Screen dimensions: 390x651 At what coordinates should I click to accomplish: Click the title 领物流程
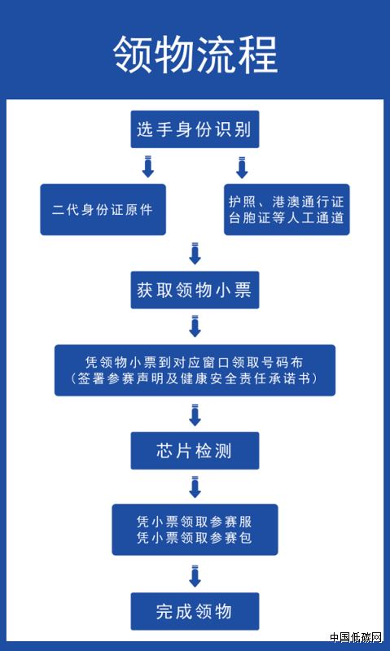pyautogui.click(x=195, y=55)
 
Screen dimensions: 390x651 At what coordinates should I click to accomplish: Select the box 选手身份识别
pyautogui.click(x=195, y=129)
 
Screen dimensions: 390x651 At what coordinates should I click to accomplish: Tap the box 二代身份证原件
pyautogui.click(x=103, y=209)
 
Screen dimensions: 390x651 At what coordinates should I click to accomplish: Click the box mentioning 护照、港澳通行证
pyautogui.click(x=287, y=209)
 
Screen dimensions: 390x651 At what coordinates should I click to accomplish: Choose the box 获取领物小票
pyautogui.click(x=195, y=290)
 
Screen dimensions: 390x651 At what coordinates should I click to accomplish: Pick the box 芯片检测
pyautogui.click(x=195, y=451)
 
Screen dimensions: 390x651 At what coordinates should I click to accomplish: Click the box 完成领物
pyautogui.click(x=195, y=611)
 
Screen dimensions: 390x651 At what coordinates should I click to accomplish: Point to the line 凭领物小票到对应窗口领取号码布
pyautogui.click(x=195, y=362)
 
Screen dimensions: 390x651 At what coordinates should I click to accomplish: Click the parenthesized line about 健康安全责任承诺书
pyautogui.click(x=195, y=378)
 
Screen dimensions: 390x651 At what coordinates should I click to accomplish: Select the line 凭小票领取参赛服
pyautogui.click(x=195, y=522)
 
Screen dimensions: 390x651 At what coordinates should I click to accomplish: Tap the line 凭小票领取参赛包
pyautogui.click(x=195, y=538)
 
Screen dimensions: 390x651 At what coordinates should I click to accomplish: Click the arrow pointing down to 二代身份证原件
pyautogui.click(x=148, y=167)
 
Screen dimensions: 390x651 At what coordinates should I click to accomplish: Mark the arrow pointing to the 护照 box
pyautogui.click(x=242, y=167)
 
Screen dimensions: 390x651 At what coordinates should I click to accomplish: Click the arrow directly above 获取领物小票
pyautogui.click(x=195, y=253)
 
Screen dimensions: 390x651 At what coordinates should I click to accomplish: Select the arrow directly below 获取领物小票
pyautogui.click(x=195, y=326)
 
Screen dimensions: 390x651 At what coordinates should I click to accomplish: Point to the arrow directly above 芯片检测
pyautogui.click(x=195, y=414)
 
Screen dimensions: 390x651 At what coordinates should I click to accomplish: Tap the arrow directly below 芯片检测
pyautogui.click(x=195, y=487)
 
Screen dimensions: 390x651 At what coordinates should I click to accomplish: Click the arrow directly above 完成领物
pyautogui.click(x=195, y=575)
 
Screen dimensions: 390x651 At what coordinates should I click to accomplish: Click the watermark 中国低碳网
pyautogui.click(x=356, y=637)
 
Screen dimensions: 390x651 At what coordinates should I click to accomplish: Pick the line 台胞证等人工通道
pyautogui.click(x=287, y=218)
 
